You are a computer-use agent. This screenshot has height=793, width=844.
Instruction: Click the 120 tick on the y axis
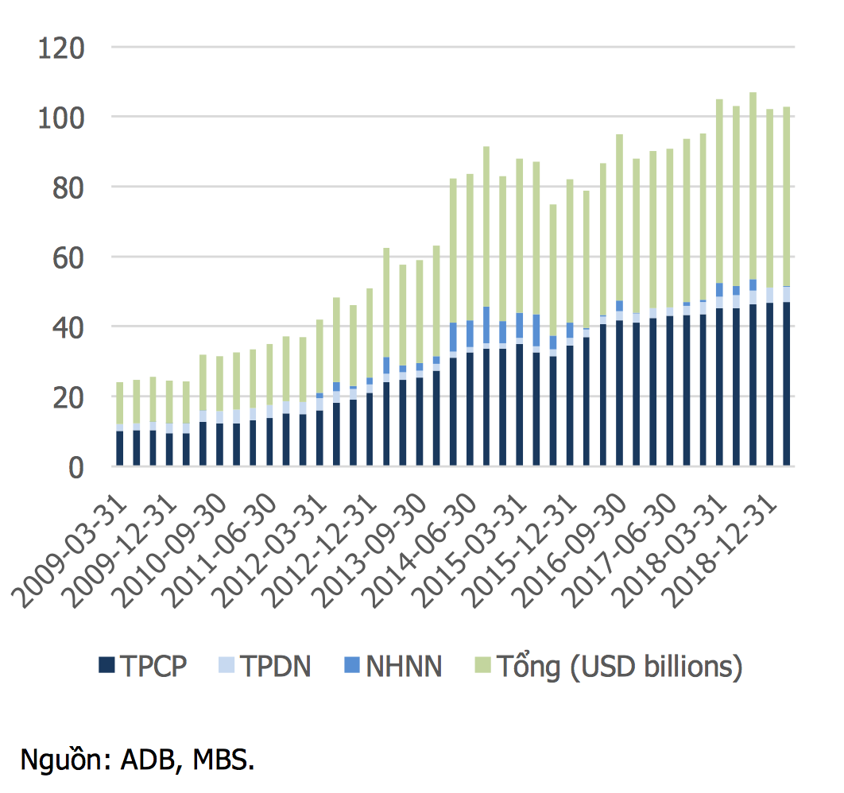(62, 48)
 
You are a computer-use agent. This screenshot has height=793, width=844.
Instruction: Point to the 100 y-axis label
(62, 118)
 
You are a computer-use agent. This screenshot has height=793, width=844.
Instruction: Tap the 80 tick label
(69, 188)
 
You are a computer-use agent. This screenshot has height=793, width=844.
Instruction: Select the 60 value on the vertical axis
(69, 258)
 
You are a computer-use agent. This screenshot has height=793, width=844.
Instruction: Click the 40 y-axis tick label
(69, 327)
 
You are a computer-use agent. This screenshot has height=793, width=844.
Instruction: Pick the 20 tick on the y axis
(69, 397)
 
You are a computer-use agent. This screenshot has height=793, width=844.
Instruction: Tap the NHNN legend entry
(404, 666)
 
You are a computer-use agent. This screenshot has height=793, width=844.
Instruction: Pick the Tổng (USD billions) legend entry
(619, 666)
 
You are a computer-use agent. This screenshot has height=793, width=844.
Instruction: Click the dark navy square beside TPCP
(106, 666)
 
